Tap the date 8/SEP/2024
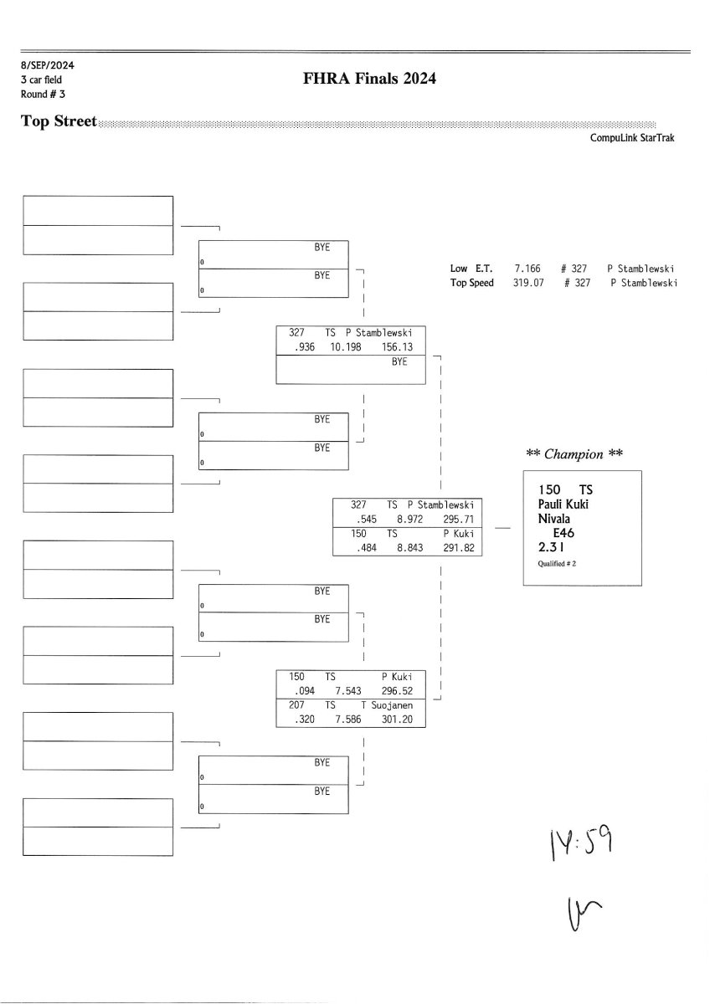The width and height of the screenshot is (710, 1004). click(43, 64)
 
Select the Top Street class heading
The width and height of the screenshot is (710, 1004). click(59, 122)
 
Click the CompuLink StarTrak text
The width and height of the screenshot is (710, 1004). click(632, 139)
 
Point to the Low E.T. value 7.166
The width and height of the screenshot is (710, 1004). click(527, 269)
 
